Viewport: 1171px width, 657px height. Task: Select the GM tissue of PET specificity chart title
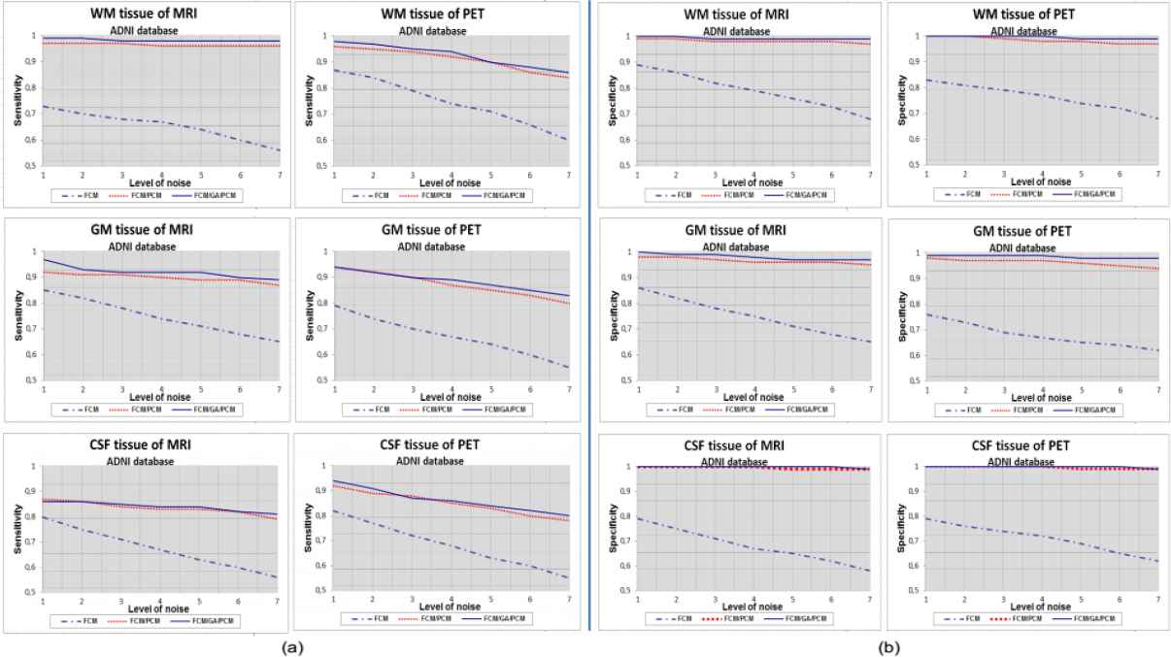pyautogui.click(x=1022, y=231)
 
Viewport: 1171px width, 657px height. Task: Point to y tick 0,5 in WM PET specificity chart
pyautogui.click(x=913, y=165)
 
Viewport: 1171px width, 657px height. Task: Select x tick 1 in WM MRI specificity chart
pyautogui.click(x=637, y=175)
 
